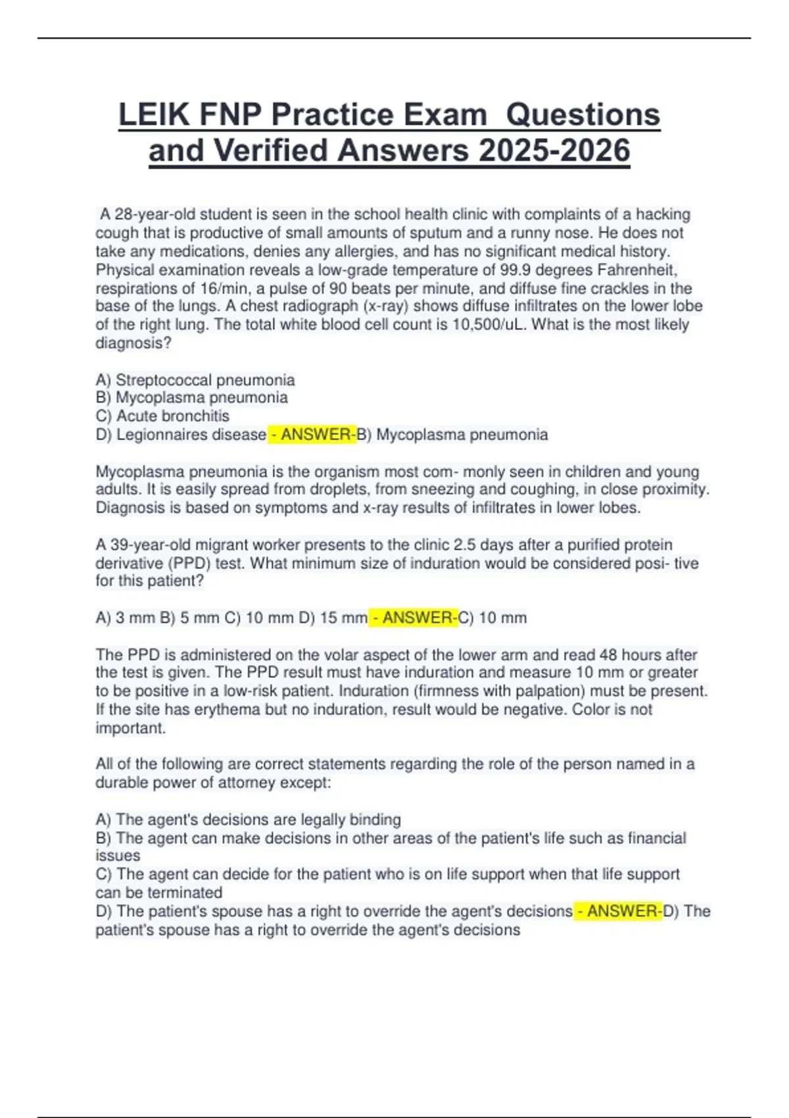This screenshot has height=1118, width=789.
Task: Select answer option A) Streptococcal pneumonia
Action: point(195,380)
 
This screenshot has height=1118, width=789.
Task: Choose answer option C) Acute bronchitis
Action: point(162,416)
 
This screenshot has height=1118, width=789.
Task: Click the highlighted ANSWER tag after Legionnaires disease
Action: point(312,435)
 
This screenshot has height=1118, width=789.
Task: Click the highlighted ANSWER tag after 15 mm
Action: point(413,618)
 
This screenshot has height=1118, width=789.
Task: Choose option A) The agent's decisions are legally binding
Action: point(248,819)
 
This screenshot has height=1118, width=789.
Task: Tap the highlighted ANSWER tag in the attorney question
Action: point(618,911)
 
